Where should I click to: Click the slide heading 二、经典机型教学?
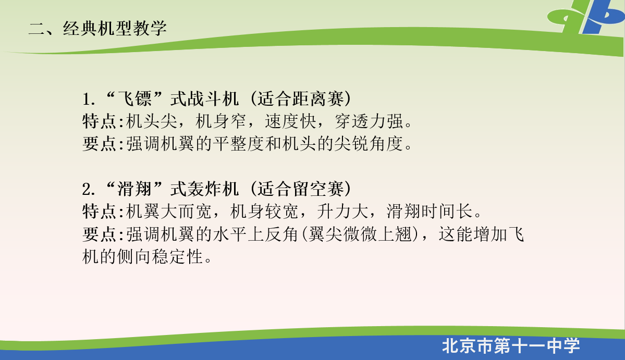pyautogui.click(x=97, y=28)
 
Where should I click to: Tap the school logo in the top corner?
pyautogui.click(x=586, y=17)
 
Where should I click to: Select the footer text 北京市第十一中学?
pyautogui.click(x=511, y=345)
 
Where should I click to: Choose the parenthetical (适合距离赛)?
pyautogui.click(x=301, y=99)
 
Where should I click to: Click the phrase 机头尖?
pyautogui.click(x=152, y=121)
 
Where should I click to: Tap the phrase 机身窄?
pyautogui.click(x=221, y=121)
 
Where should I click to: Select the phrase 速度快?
pyautogui.click(x=290, y=121)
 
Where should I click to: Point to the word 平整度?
pyautogui.click(x=239, y=144)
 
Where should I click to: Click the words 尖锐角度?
pyautogui.click(x=369, y=144)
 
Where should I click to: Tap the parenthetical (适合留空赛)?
pyautogui.click(x=301, y=189)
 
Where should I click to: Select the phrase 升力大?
pyautogui.click(x=342, y=211)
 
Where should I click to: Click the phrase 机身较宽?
pyautogui.click(x=265, y=211)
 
